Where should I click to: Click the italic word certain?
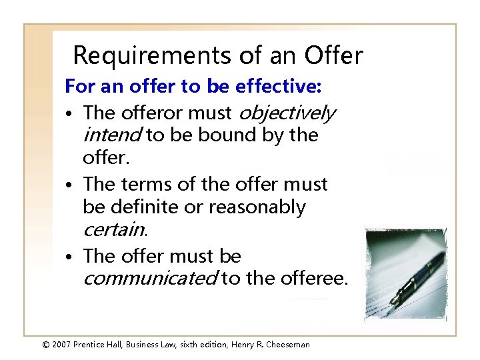113,230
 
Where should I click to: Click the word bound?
217,135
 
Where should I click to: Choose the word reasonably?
257,207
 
